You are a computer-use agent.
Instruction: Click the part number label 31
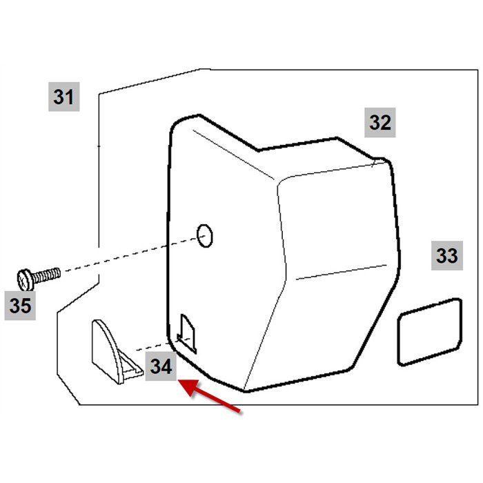pos(64,97)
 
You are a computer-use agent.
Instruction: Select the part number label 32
pos(380,123)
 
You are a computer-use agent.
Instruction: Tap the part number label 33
pos(447,256)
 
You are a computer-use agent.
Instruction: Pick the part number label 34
pos(161,366)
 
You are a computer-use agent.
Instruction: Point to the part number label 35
pos(20,306)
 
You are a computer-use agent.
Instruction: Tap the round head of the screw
pos(26,280)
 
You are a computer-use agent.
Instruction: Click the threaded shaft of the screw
pos(46,275)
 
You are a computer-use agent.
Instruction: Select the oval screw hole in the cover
pos(205,236)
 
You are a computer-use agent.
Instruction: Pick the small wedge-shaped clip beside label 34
pos(117,352)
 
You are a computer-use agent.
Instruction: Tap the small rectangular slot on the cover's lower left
pos(187,333)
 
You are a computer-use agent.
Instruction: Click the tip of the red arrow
pos(179,381)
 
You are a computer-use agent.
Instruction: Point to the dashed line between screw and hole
pos(132,254)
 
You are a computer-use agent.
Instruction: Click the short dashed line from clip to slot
pos(164,345)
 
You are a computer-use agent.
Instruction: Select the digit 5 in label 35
pos(26,306)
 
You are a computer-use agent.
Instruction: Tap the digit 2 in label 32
pos(386,123)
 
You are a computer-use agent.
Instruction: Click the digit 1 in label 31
pos(70,97)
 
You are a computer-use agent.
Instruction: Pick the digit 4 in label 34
pos(167,366)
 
